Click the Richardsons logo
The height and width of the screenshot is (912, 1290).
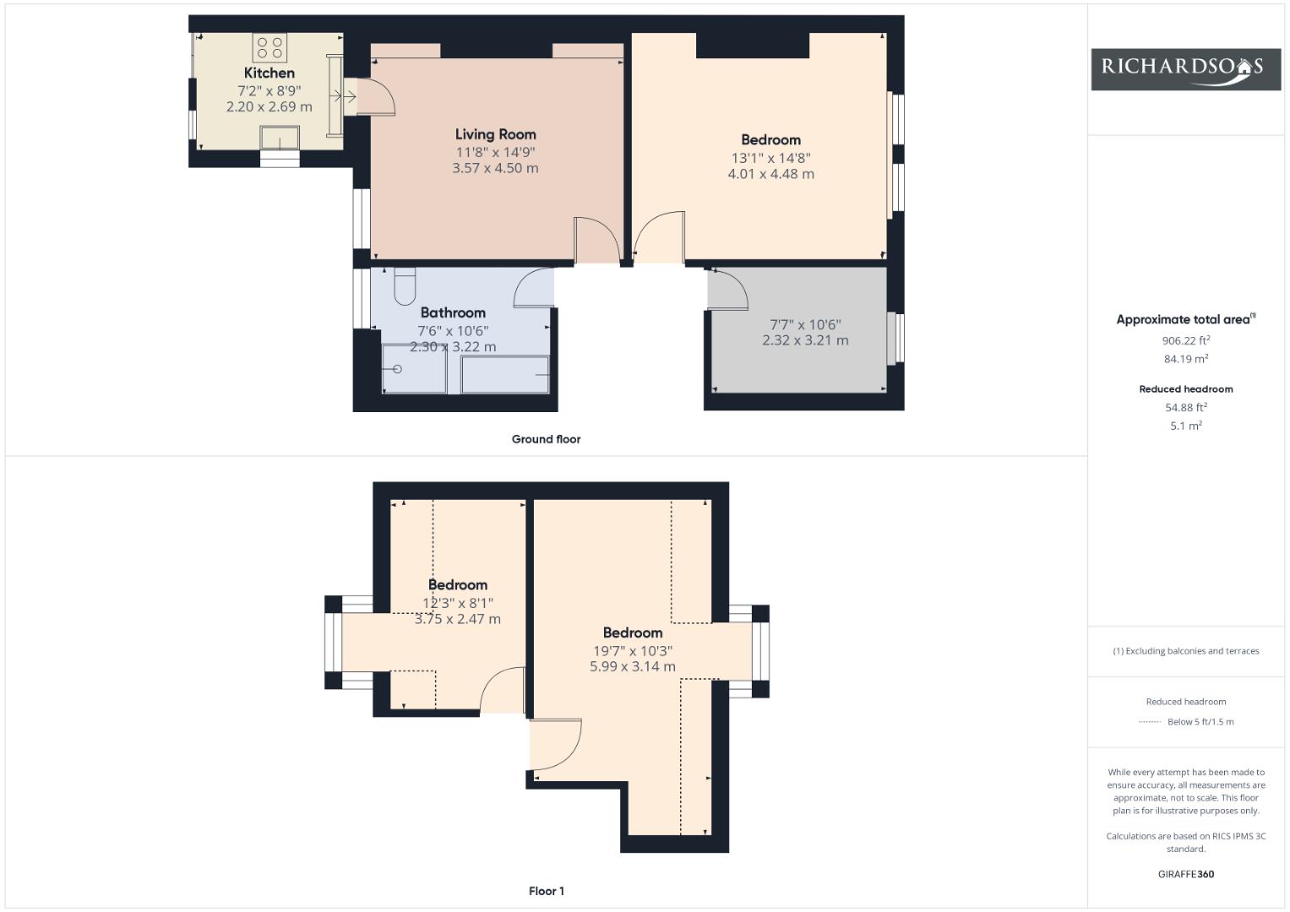(x=1186, y=69)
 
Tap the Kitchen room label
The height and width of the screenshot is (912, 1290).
(x=269, y=73)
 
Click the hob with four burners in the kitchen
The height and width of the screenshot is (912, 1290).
(x=269, y=48)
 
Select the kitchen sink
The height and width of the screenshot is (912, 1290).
(x=280, y=138)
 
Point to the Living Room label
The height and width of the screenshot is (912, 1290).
(x=495, y=134)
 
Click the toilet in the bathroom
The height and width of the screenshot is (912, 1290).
(x=405, y=285)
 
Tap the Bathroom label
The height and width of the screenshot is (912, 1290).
(x=453, y=312)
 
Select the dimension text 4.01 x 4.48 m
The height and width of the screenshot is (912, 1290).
(x=770, y=174)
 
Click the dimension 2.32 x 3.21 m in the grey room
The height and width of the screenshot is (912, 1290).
(x=805, y=340)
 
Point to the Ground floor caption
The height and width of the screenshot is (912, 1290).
(x=546, y=439)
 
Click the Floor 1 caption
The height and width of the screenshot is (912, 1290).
(x=546, y=891)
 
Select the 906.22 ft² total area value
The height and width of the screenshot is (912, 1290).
(x=1186, y=340)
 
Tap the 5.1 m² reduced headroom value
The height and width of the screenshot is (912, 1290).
(x=1186, y=426)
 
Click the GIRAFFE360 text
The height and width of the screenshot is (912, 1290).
(x=1186, y=874)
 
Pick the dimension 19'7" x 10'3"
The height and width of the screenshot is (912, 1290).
(x=633, y=650)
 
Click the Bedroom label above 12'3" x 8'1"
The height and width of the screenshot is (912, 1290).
(x=457, y=585)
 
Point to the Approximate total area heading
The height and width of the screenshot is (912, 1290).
(x=1186, y=319)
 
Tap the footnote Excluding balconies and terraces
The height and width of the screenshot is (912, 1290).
(x=1186, y=651)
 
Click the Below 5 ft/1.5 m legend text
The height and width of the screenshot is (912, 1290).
(x=1200, y=722)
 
